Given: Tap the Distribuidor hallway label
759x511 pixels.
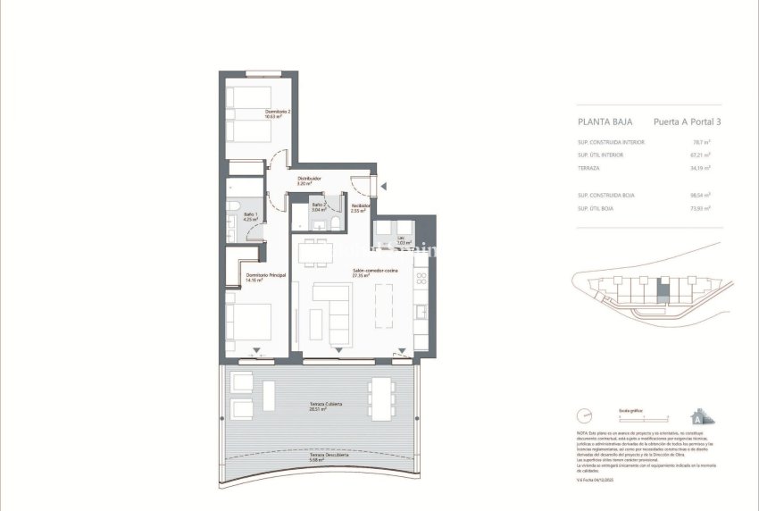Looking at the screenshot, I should [x=309, y=180].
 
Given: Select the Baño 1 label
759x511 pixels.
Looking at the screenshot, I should [x=250, y=218].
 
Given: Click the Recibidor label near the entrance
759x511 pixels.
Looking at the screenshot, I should [x=360, y=208].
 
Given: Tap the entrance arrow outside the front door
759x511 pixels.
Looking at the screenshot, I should [x=383, y=186].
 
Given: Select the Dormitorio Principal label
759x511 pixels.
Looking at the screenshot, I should [x=266, y=277].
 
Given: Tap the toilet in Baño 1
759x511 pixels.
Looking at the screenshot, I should [x=231, y=233].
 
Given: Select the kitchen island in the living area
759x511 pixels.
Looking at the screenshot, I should [x=383, y=306].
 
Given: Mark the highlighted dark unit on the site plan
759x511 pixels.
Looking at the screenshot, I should [x=662, y=289].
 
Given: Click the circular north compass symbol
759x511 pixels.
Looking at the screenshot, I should [x=585, y=415].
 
